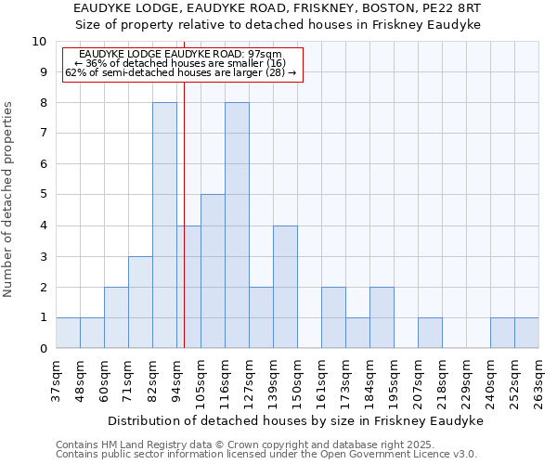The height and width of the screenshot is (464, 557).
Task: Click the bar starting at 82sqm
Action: pos(164,226)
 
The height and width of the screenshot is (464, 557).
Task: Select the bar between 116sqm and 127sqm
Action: pos(237,226)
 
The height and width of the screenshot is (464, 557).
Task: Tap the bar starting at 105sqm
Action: pos(213,271)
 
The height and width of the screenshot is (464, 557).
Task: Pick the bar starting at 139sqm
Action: pos(285,287)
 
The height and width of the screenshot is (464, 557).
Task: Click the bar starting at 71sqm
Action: pos(140,303)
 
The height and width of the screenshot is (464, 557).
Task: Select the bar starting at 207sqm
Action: pos(430,333)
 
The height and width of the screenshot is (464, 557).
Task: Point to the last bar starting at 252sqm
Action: pos(526,333)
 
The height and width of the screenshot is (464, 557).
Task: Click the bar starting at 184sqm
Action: pos(382,317)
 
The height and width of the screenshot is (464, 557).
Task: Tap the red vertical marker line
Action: pos(185,232)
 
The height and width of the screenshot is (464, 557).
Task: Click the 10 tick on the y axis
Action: pos(38,42)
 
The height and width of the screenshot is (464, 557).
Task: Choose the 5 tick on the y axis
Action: pos(42,195)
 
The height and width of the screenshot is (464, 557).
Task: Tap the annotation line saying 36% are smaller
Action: pos(180,63)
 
